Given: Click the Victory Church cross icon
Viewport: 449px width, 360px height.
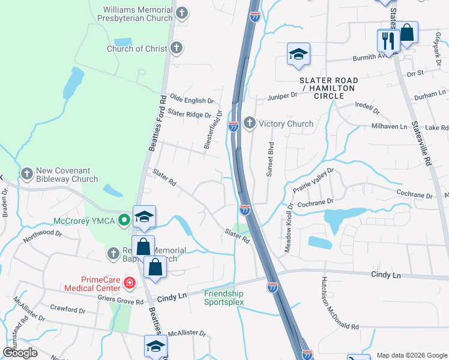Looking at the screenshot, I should point(249,124).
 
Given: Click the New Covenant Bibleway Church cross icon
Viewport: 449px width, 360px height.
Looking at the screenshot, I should point(26,174).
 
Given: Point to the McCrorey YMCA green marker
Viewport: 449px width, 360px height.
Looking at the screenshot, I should point(124,220).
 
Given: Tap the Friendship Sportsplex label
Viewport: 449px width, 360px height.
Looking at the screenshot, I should point(224,298).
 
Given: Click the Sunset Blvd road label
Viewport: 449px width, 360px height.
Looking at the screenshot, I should point(270,159).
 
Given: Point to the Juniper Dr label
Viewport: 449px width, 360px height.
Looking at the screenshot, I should point(282,95).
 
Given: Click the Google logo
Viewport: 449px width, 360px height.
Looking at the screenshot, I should point(20,353).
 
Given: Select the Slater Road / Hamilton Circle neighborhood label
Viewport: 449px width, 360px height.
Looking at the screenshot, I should point(330,84).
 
